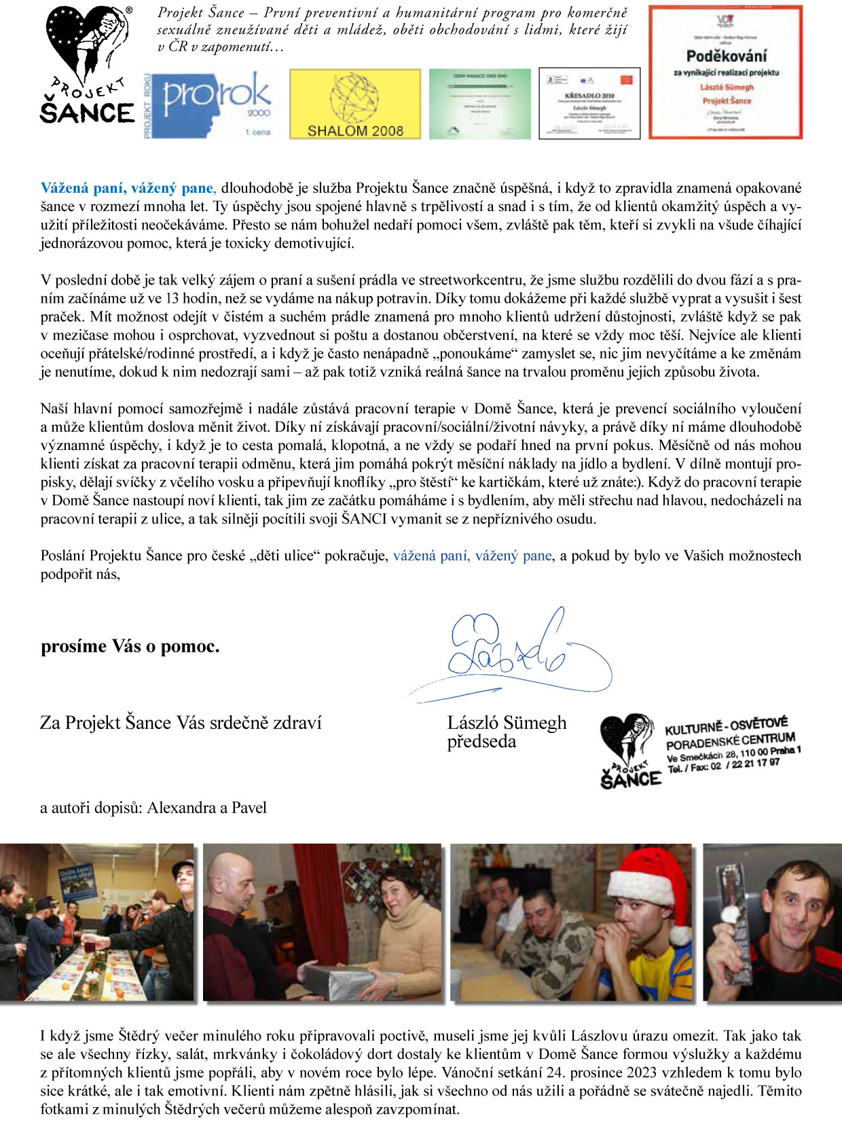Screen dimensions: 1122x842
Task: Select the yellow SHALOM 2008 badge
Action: [x=354, y=104]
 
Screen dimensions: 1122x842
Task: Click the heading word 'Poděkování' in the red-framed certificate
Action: [x=726, y=56]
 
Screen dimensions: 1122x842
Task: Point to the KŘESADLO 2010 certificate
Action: [x=589, y=103]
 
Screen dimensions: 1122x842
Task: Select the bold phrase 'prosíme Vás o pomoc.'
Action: [x=130, y=646]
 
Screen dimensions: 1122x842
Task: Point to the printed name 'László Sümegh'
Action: [x=507, y=723]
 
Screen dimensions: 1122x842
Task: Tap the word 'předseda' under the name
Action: [x=481, y=741]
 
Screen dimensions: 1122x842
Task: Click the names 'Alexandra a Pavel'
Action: [x=206, y=808]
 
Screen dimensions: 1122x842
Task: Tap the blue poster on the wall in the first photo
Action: [x=76, y=881]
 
